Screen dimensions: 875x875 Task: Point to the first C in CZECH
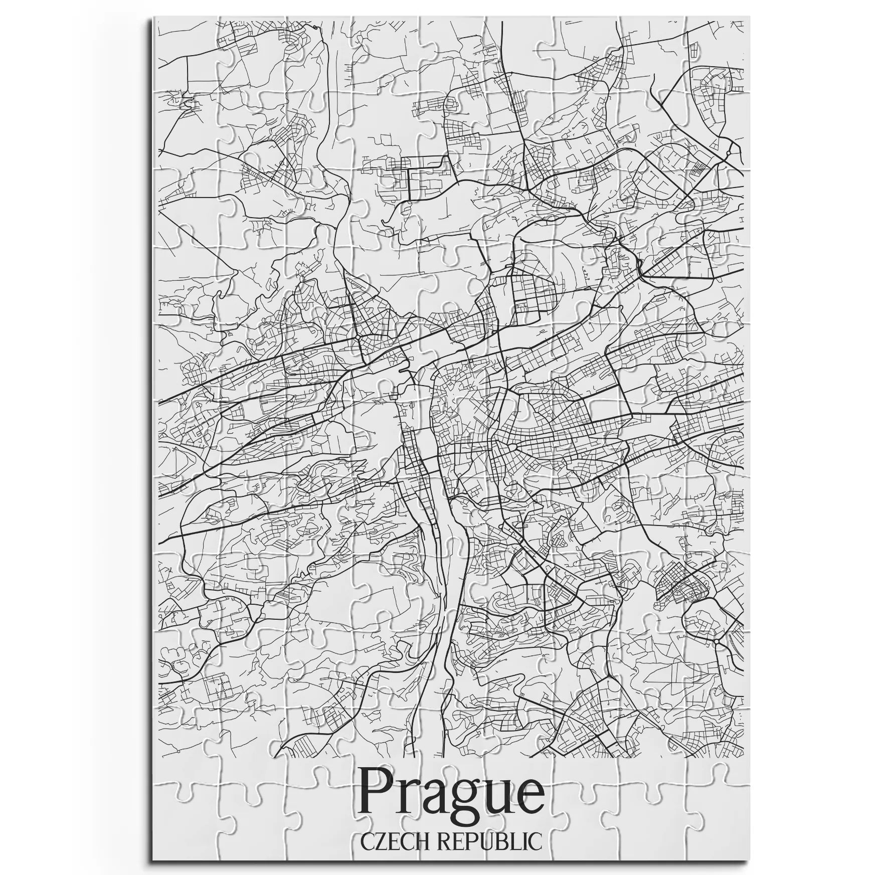tap(368, 841)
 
